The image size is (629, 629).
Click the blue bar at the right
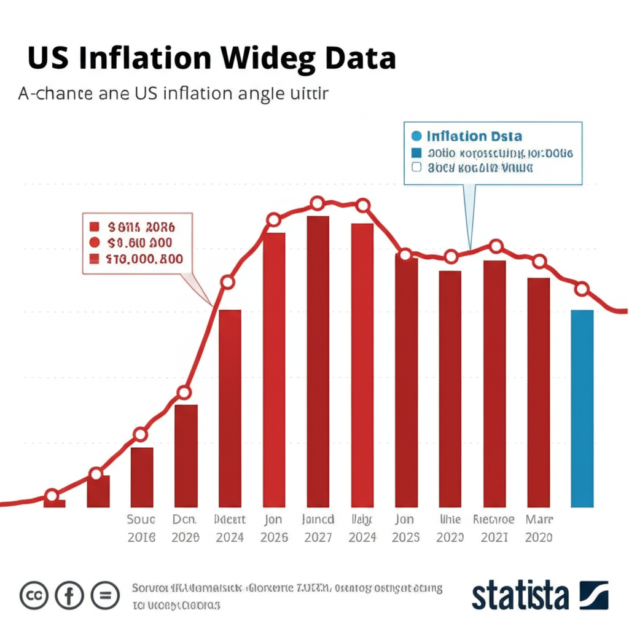click(x=582, y=408)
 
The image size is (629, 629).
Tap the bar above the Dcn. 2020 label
click(x=186, y=455)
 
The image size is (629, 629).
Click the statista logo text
click(x=520, y=595)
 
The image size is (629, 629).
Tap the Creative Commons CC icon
click(x=34, y=595)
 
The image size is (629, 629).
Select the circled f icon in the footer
click(x=69, y=595)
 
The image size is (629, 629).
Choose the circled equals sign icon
click(x=105, y=595)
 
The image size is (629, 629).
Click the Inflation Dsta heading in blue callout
click(x=474, y=136)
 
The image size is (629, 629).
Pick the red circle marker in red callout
click(x=95, y=242)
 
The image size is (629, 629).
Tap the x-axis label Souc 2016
click(x=141, y=528)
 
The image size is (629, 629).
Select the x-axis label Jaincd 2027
click(x=318, y=528)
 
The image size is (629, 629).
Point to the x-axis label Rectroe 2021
click(x=494, y=528)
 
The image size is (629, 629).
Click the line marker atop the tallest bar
click(x=318, y=203)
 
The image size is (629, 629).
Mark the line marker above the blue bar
click(x=582, y=289)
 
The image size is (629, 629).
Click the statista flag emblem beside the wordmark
click(x=593, y=595)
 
